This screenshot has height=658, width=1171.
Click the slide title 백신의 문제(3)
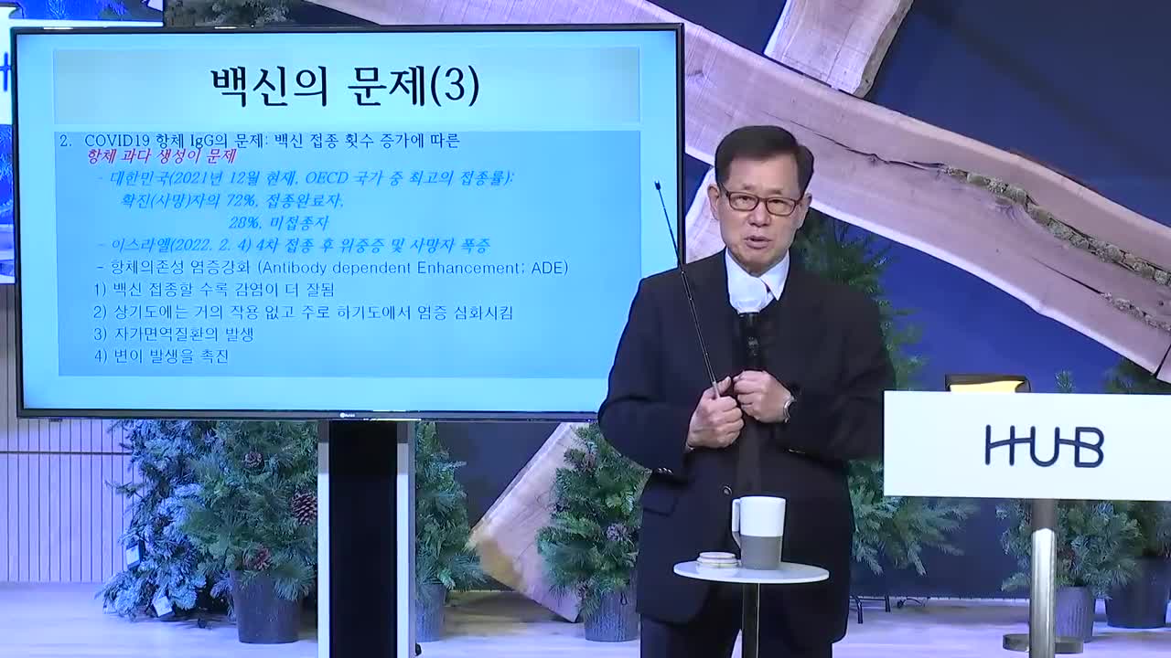coord(345,88)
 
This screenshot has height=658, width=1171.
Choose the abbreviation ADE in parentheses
coord(550,268)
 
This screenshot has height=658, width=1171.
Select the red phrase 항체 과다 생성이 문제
coord(161,157)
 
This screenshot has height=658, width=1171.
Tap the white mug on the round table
coord(758,531)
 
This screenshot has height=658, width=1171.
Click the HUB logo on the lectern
coord(1044,446)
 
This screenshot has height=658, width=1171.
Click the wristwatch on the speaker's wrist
coord(788,406)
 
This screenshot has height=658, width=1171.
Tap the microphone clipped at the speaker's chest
coord(750,324)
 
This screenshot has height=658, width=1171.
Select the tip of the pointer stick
coord(657,186)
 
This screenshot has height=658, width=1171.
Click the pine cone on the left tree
coord(304,505)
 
